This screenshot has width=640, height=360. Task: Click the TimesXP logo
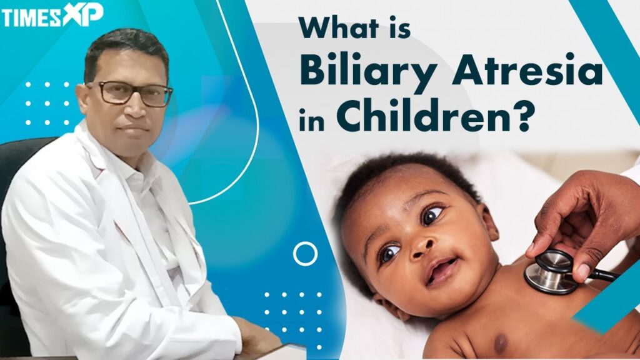point(52,16)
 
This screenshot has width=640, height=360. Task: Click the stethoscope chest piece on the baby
point(550,272)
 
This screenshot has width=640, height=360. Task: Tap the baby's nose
point(421,246)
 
